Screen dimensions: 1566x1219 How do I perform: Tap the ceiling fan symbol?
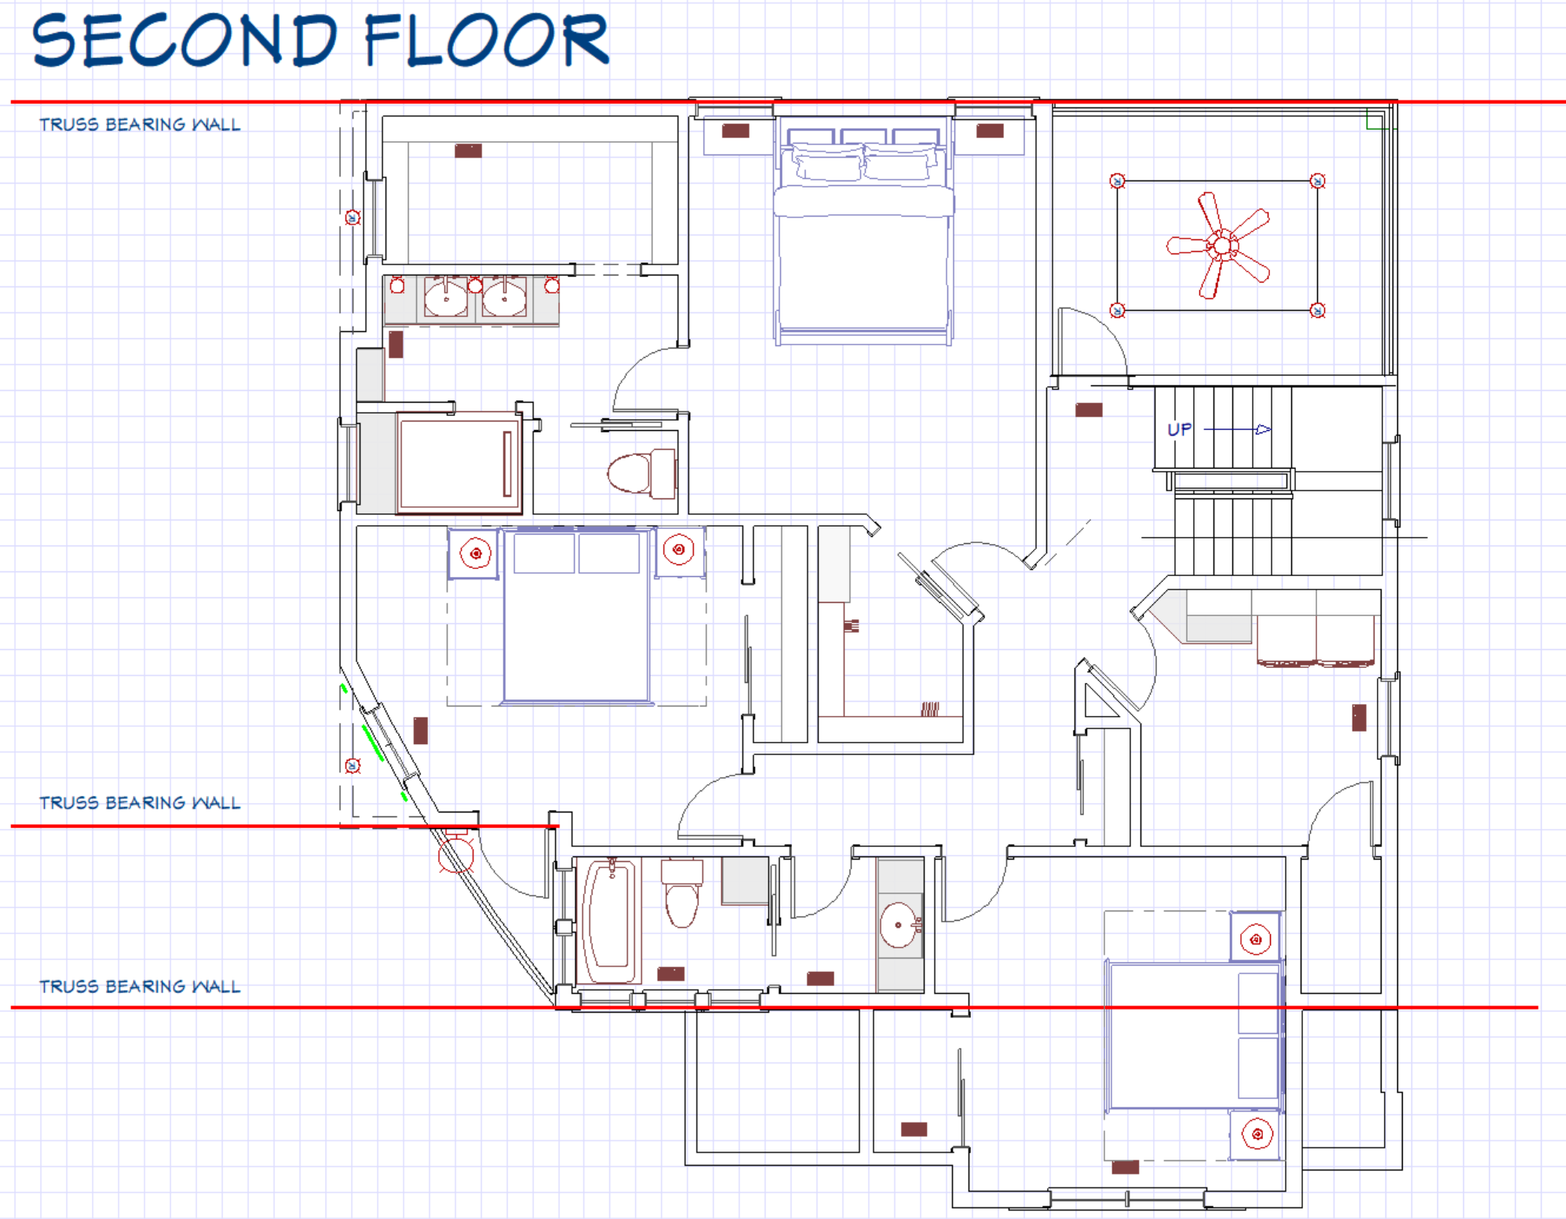tap(1219, 246)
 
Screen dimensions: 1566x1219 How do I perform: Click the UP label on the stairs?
tap(1179, 429)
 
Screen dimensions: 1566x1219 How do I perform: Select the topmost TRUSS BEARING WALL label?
tap(140, 125)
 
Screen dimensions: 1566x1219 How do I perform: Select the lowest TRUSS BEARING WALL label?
tap(140, 987)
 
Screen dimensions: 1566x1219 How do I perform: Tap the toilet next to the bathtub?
tap(681, 892)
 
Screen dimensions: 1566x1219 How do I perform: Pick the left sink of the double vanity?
tap(446, 297)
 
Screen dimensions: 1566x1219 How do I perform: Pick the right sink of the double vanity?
tap(504, 297)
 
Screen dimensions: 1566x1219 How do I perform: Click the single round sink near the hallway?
tap(900, 925)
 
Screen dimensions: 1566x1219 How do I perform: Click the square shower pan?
tap(459, 463)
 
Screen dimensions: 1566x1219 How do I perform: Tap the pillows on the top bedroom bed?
tap(863, 162)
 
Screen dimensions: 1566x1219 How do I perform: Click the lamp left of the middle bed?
tap(476, 553)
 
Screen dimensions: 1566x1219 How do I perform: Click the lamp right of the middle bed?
tap(679, 549)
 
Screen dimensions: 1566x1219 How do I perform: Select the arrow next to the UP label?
tap(1237, 429)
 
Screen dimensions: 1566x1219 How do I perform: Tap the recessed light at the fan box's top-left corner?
tap(1117, 181)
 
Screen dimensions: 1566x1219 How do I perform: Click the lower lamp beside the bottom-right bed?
tap(1258, 1134)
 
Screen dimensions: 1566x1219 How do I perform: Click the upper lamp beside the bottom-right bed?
tap(1256, 940)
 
